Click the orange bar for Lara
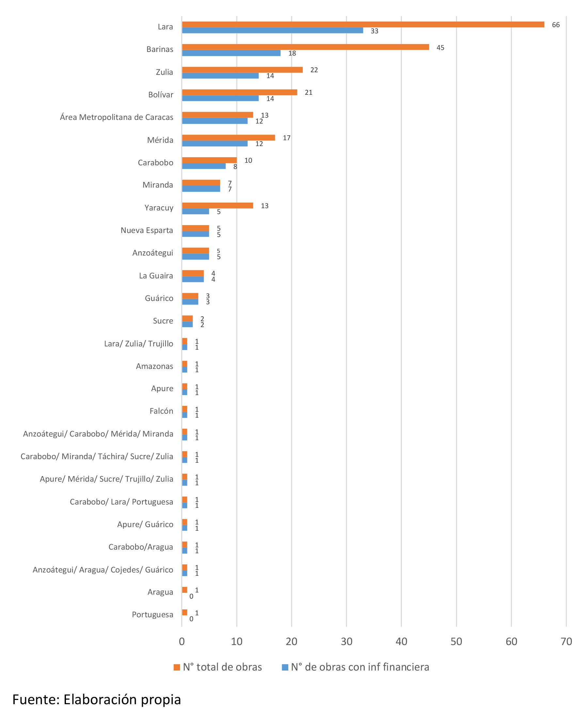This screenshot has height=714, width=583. (363, 24)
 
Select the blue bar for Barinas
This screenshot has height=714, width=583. (231, 53)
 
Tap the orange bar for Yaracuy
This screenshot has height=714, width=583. (217, 206)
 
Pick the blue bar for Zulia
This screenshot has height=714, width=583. (220, 75)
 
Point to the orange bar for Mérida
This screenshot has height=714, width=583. (228, 138)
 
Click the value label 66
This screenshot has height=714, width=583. (556, 25)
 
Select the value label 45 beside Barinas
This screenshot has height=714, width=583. (440, 48)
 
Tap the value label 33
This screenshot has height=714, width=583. (374, 31)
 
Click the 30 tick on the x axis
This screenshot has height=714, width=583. (346, 641)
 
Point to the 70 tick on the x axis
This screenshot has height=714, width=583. (566, 641)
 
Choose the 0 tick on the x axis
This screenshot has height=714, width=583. (182, 641)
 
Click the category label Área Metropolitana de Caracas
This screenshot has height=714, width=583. (117, 117)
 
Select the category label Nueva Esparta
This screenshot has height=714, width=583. (147, 230)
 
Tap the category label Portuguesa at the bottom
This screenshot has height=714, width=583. (152, 614)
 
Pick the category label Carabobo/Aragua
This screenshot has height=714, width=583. (141, 547)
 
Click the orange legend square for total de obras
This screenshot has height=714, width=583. (177, 667)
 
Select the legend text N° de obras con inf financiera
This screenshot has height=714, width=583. (360, 667)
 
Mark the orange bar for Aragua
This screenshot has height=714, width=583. (184, 589)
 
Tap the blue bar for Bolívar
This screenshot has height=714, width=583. (220, 98)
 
